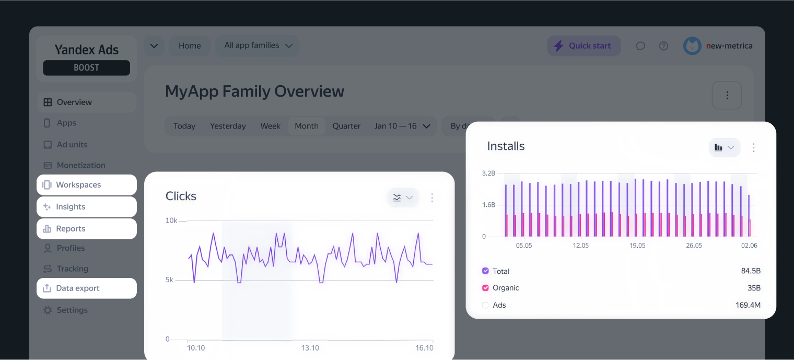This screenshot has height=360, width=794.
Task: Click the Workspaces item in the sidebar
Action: pyautogui.click(x=87, y=185)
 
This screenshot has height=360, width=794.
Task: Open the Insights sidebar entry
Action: pyautogui.click(x=87, y=207)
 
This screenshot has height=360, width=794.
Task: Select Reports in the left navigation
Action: pyautogui.click(x=87, y=229)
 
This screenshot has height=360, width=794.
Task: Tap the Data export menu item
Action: pyautogui.click(x=87, y=288)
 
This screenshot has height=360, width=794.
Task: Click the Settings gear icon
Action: pyautogui.click(x=48, y=310)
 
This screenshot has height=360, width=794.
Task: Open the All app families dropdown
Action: pyautogui.click(x=258, y=46)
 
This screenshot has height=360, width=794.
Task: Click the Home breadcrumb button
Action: pyautogui.click(x=190, y=46)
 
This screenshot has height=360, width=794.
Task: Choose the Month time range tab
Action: pyautogui.click(x=307, y=126)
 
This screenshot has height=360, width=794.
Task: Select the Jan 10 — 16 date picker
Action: pyautogui.click(x=402, y=126)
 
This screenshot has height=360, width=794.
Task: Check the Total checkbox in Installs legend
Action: pyautogui.click(x=485, y=271)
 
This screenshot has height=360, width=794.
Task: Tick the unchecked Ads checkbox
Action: pyautogui.click(x=485, y=305)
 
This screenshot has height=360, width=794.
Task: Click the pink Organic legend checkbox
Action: pyautogui.click(x=485, y=288)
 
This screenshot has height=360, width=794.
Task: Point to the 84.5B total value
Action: pyautogui.click(x=751, y=271)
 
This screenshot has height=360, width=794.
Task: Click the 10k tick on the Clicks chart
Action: pyautogui.click(x=171, y=220)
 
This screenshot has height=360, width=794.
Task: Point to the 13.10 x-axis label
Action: pyautogui.click(x=310, y=348)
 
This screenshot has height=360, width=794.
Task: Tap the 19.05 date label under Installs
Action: pyautogui.click(x=637, y=246)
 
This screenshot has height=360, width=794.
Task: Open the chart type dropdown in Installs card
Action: pyautogui.click(x=725, y=147)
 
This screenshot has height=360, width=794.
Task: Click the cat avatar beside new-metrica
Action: pyautogui.click(x=692, y=46)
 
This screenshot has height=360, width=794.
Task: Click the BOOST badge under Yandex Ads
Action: pyautogui.click(x=87, y=68)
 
